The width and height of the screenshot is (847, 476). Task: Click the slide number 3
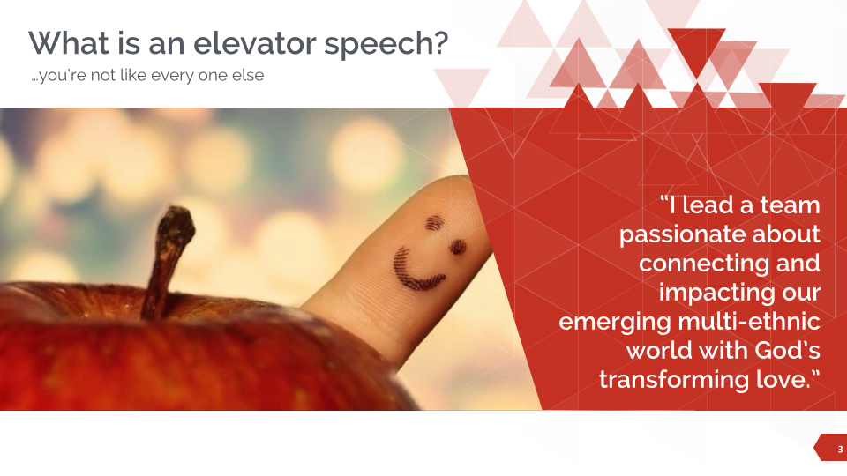coord(828,449)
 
